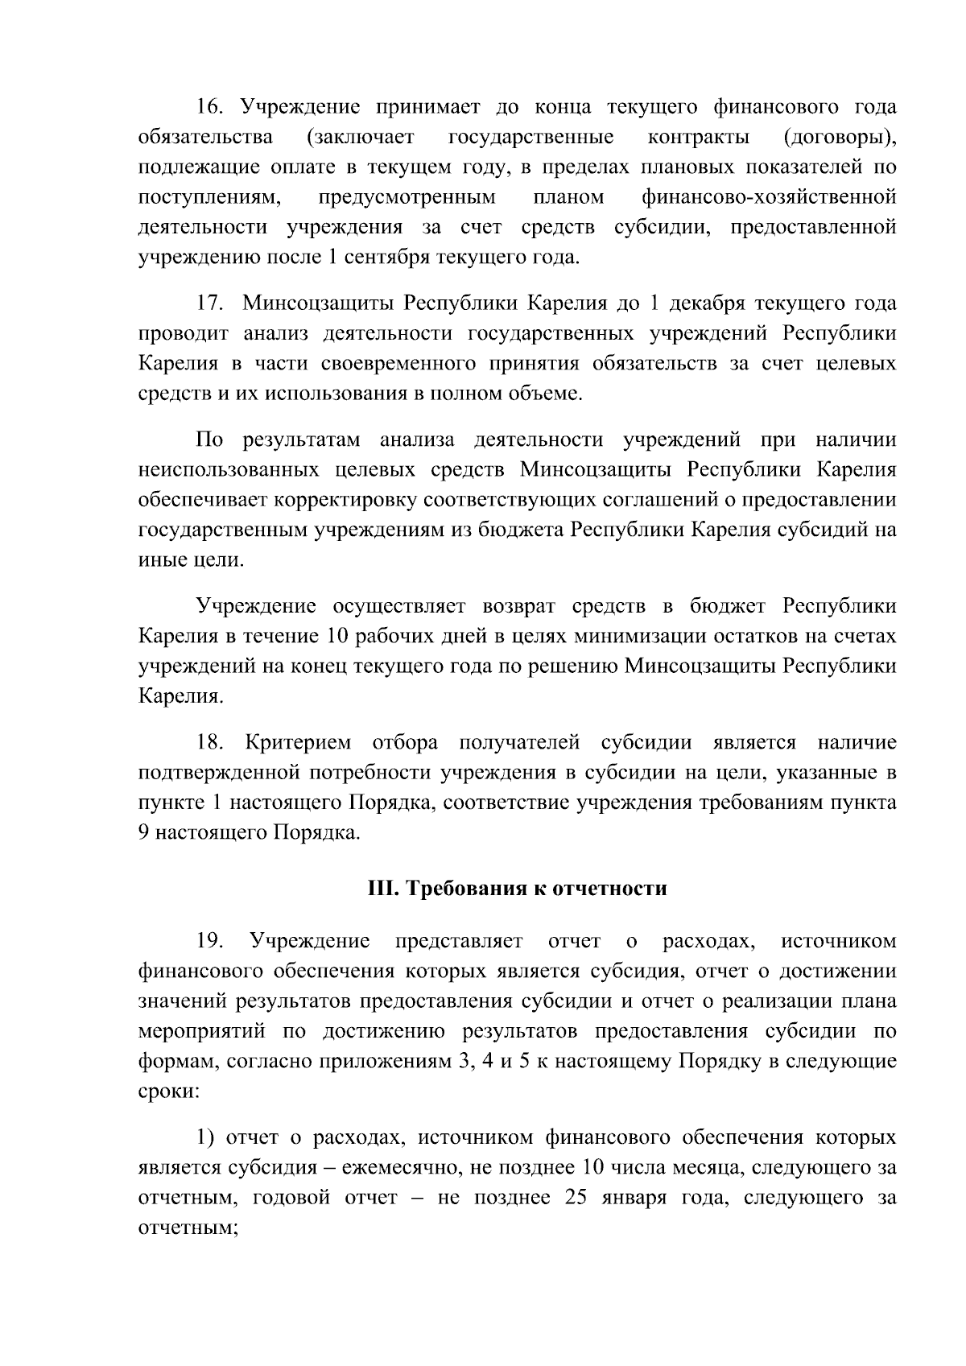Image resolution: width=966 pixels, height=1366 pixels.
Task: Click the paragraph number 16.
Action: click(210, 107)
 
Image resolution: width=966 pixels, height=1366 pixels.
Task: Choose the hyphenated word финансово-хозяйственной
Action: click(770, 198)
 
